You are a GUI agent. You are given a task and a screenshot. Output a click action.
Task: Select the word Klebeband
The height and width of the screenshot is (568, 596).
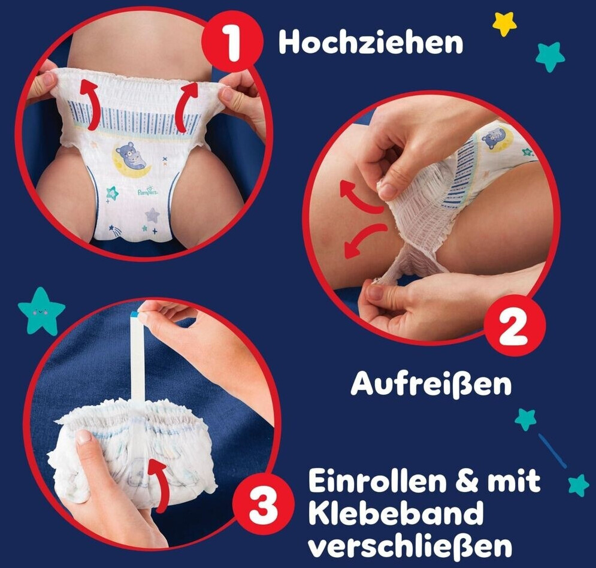pyautogui.click(x=395, y=513)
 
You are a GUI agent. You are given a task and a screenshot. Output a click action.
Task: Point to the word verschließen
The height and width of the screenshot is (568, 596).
pyautogui.click(x=410, y=546)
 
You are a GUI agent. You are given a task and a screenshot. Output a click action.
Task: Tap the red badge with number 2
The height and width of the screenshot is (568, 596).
pyautogui.click(x=515, y=326)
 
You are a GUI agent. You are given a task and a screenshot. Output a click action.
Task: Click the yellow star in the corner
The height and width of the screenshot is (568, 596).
pyautogui.click(x=504, y=23)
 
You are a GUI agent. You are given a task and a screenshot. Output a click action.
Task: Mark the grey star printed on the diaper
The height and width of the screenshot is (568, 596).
pyautogui.click(x=152, y=215)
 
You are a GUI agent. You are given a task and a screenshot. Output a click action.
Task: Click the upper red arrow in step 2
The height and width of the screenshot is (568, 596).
pyautogui.click(x=360, y=195)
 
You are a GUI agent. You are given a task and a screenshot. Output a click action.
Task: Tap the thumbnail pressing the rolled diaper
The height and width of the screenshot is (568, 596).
pyautogui.click(x=83, y=437)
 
